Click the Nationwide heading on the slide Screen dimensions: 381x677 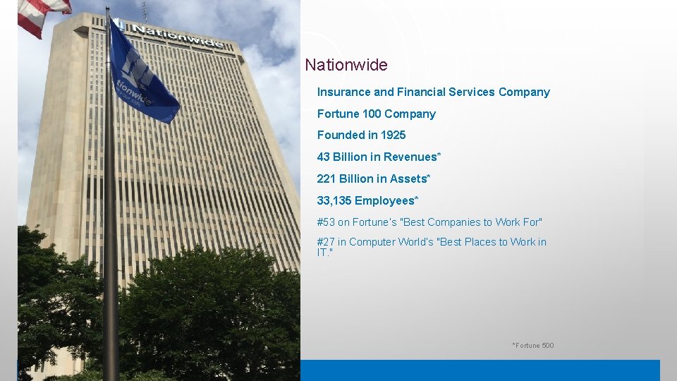pyautogui.click(x=346, y=66)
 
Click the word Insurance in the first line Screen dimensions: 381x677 pyautogui.click(x=343, y=92)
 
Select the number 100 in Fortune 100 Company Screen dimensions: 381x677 pyautogui.click(x=371, y=114)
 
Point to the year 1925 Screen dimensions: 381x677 pyautogui.click(x=393, y=135)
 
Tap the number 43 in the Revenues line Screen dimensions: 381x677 pyautogui.click(x=324, y=157)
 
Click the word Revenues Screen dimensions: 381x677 pyautogui.click(x=413, y=157)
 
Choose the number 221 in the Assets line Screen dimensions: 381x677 pyautogui.click(x=327, y=179)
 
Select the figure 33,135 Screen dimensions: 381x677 pyautogui.click(x=334, y=201)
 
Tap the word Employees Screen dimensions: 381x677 pyautogui.click(x=386, y=201)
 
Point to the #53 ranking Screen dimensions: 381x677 pyautogui.click(x=326, y=223)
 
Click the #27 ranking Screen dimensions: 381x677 pyautogui.click(x=326, y=243)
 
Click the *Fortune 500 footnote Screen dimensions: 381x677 pyautogui.click(x=533, y=346)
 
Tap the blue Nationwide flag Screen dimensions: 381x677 pyautogui.click(x=141, y=74)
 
